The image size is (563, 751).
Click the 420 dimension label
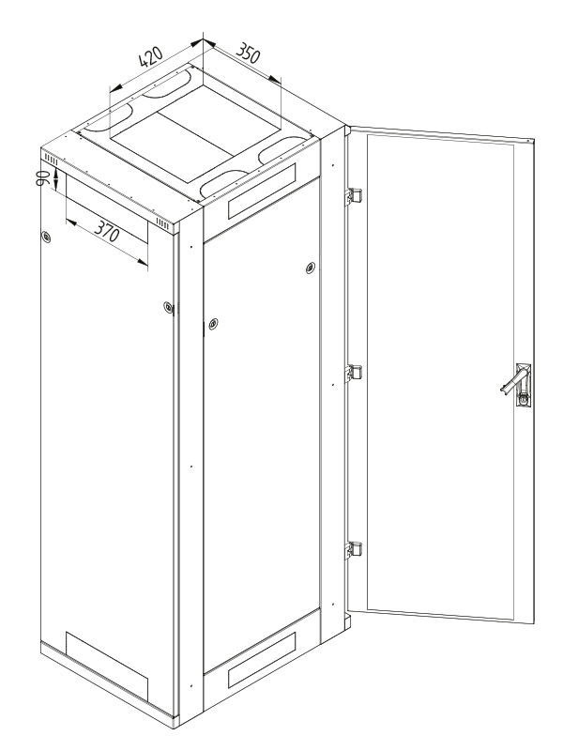(x=150, y=57)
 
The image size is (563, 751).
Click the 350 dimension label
(x=249, y=53)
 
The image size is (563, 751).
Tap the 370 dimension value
(x=106, y=231)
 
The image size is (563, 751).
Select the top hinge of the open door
(x=354, y=196)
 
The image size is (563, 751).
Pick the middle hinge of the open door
(x=354, y=373)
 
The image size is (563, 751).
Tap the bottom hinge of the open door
(x=354, y=549)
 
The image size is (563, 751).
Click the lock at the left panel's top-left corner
(x=46, y=237)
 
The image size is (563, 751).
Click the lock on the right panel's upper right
(x=311, y=268)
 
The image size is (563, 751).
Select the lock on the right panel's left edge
(x=213, y=324)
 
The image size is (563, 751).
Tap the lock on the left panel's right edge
(x=168, y=307)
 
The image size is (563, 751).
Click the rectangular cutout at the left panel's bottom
(x=107, y=665)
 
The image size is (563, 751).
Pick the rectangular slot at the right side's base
(x=262, y=660)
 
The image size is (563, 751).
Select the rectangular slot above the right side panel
(x=262, y=192)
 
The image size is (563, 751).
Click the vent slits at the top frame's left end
(x=51, y=160)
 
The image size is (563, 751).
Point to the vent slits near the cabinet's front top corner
(x=162, y=223)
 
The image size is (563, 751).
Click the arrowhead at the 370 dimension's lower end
(x=143, y=262)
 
